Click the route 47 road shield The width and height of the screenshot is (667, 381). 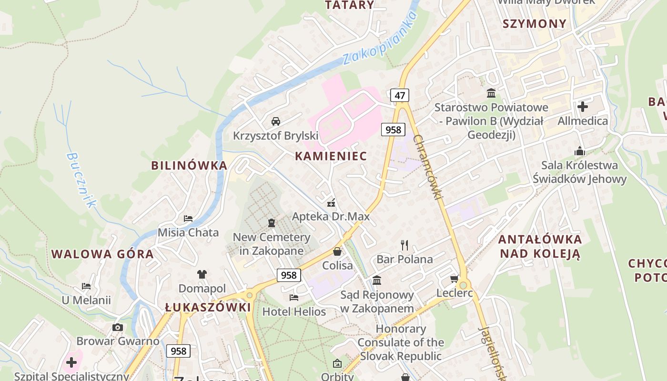click(x=400, y=95)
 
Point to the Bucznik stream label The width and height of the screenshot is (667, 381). click(x=81, y=180)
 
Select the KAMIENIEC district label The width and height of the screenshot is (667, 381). click(x=331, y=156)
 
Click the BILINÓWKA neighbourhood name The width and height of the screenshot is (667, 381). click(x=189, y=165)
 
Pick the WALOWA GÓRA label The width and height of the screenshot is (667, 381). click(x=102, y=254)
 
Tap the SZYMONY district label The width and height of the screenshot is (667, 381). click(x=535, y=23)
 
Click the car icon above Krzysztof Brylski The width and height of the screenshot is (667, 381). click(x=275, y=121)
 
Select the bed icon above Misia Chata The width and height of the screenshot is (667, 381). click(x=188, y=219)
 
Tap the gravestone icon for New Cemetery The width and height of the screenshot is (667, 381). click(x=271, y=222)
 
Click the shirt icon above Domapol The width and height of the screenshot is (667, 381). click(x=202, y=274)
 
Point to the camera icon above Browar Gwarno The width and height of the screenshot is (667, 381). click(x=118, y=327)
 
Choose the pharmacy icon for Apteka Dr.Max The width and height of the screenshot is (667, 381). click(x=331, y=203)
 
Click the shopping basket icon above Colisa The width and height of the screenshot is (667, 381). click(x=337, y=251)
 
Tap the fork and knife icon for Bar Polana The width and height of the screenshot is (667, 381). click(x=404, y=245)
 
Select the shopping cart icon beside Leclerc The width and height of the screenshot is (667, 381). click(x=454, y=279)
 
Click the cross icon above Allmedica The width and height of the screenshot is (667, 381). click(x=582, y=106)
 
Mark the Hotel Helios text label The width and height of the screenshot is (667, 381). click(x=294, y=312)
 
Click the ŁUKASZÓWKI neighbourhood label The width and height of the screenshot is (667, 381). click(x=208, y=307)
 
